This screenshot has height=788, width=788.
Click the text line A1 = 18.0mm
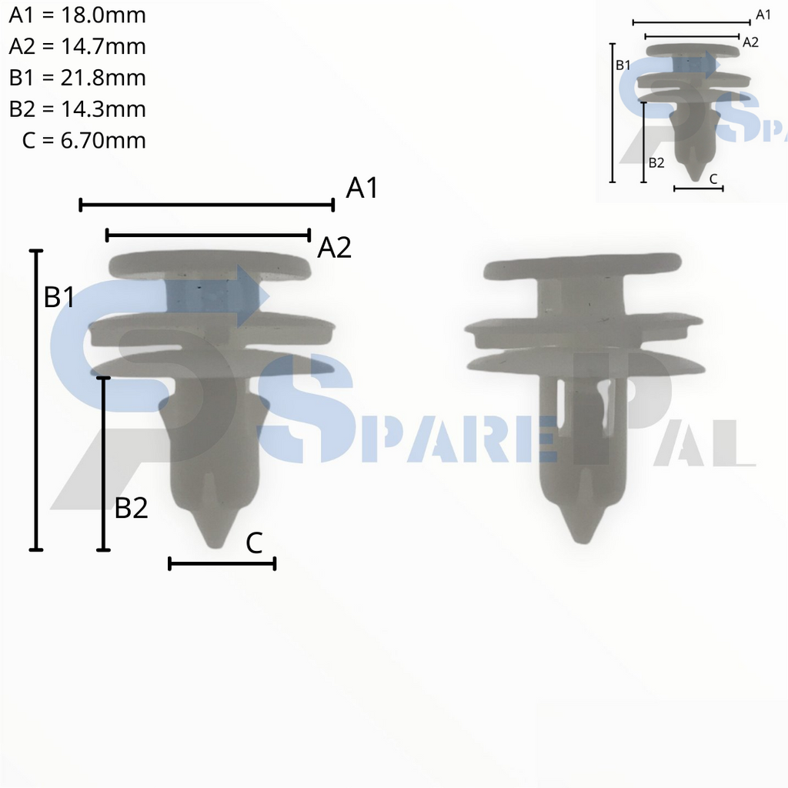pyautogui.click(x=77, y=15)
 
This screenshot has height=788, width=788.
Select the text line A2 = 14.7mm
pyautogui.click(x=77, y=47)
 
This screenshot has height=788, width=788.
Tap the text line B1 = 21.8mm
pyautogui.click(x=77, y=78)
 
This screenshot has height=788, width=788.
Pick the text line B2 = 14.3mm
pyautogui.click(x=77, y=109)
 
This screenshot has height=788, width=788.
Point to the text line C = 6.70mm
pyautogui.click(x=84, y=140)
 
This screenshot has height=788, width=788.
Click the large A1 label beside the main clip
pyautogui.click(x=362, y=188)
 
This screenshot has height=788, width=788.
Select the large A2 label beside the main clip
pyautogui.click(x=334, y=248)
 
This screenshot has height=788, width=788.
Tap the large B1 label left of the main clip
pyautogui.click(x=59, y=297)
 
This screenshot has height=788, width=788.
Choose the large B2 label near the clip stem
pyautogui.click(x=131, y=508)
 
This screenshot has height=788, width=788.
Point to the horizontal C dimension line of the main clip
pyautogui.click(x=222, y=564)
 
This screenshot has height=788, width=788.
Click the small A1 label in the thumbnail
pyautogui.click(x=763, y=15)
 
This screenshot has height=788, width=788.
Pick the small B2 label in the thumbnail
pyautogui.click(x=656, y=162)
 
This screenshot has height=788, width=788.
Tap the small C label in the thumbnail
pyautogui.click(x=713, y=179)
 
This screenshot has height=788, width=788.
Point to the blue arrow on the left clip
pyautogui.click(x=248, y=295)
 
